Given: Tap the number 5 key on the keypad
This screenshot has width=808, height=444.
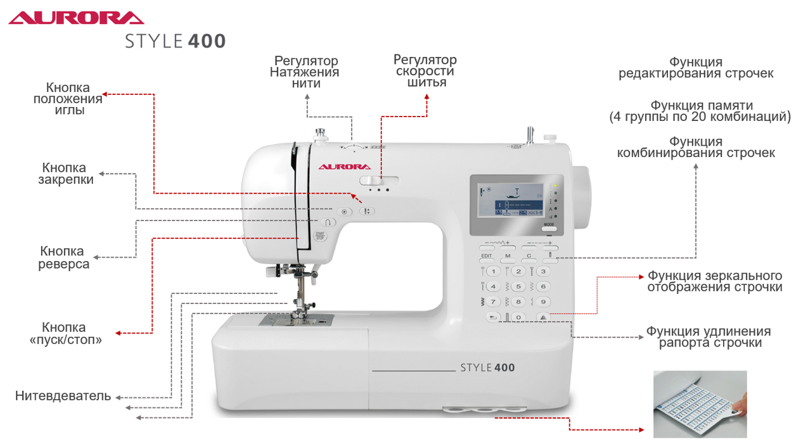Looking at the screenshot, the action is click(518, 286).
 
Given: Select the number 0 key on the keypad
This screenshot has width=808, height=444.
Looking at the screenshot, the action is click(518, 317).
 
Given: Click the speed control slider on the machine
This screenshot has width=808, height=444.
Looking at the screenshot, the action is click(374, 181).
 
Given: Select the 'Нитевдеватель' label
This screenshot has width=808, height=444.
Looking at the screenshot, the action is click(63, 396).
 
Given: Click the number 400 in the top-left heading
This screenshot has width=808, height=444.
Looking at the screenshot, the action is click(207, 41).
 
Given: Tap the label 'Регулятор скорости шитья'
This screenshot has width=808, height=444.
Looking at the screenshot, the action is click(425, 71).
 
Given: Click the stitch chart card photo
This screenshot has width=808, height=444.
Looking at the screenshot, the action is click(700, 405).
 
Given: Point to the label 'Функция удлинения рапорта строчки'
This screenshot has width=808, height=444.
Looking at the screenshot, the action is click(709, 338).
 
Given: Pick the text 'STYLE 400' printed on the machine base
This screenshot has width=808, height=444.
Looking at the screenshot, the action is click(487, 367).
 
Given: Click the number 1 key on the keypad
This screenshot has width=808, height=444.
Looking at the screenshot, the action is click(492, 272).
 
